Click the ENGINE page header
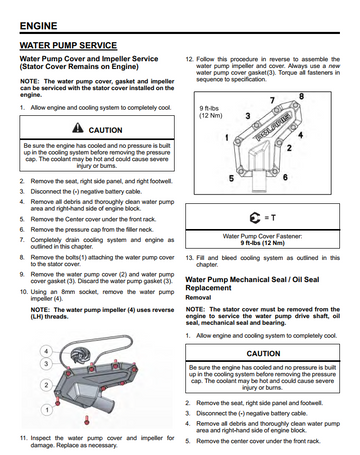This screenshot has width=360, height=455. tap(38, 26)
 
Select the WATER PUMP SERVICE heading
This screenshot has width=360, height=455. tap(68, 45)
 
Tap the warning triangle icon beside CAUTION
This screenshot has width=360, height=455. tap(78, 128)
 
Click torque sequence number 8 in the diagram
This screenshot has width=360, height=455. tap(301, 96)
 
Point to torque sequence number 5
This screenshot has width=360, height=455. tap(231, 178)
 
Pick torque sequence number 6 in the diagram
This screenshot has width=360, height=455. tap(285, 177)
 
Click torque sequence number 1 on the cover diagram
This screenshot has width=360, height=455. tap(227, 137)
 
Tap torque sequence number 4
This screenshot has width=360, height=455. tap(301, 135)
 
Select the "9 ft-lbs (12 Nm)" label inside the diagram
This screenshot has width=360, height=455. tap(211, 112)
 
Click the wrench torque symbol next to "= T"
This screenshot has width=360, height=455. tap(255, 218)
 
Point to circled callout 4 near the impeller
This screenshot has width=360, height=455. tap(46, 351)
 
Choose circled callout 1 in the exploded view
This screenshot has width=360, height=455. tap(47, 410)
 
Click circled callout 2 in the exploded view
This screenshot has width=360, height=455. tap(46, 385)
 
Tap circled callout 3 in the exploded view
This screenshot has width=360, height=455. tap(46, 364)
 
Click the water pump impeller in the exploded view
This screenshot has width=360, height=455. tap(79, 356)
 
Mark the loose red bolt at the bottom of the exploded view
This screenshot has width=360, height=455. tap(87, 420)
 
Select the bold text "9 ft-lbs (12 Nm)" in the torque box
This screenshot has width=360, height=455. tap(263, 243)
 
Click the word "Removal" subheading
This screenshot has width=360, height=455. tap(198, 297)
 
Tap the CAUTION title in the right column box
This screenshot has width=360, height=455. tap(263, 353)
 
